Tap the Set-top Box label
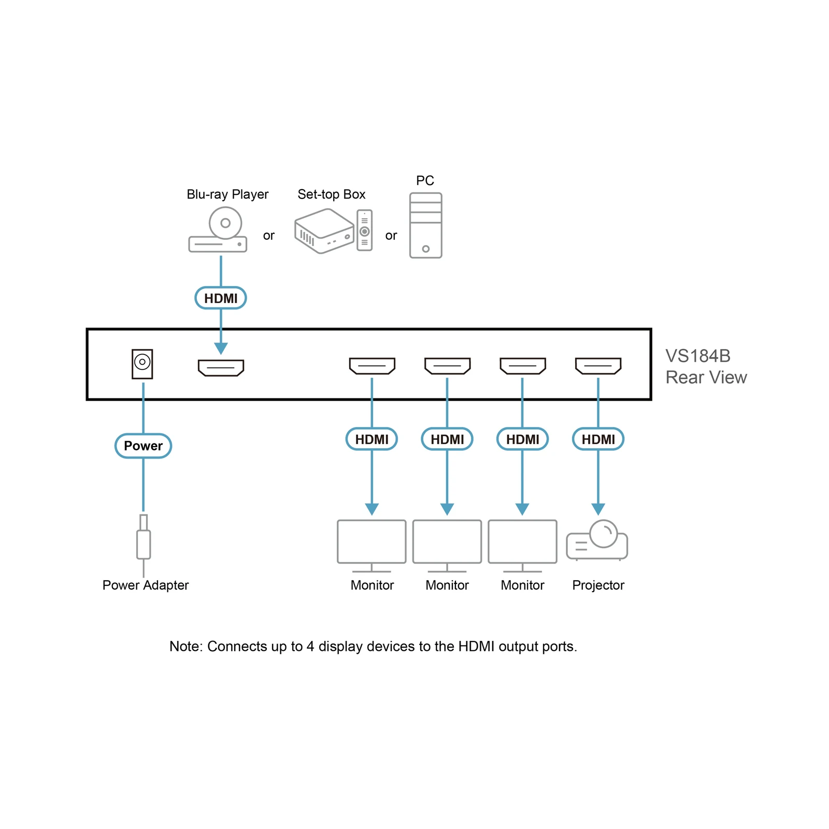[332, 194]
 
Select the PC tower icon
[425, 225]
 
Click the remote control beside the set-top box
[365, 230]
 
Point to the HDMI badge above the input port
[221, 298]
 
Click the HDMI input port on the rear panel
[221, 368]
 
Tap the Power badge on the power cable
[143, 446]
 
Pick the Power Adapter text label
[146, 585]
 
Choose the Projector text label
[598, 585]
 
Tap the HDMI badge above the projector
[598, 439]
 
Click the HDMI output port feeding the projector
[598, 366]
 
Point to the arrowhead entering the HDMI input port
[221, 348]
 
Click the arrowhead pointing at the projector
[598, 509]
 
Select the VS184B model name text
[698, 356]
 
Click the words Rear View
[706, 377]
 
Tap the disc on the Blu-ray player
[225, 223]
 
